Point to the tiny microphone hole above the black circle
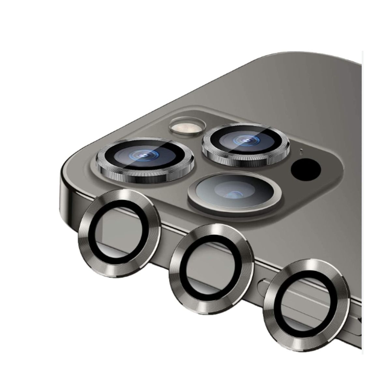click(301, 151)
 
